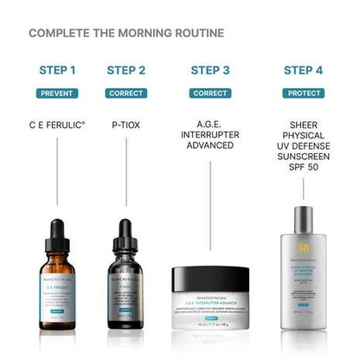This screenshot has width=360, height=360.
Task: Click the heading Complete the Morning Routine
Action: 126,34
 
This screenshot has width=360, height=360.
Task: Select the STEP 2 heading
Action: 126,70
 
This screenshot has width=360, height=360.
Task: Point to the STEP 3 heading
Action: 210,70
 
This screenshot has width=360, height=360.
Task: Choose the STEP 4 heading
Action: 303,70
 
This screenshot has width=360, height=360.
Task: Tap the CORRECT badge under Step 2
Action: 126,93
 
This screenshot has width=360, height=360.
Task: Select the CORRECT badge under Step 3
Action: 210,93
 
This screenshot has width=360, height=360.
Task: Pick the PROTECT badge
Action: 303,93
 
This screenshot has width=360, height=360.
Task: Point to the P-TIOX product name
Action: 126,123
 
